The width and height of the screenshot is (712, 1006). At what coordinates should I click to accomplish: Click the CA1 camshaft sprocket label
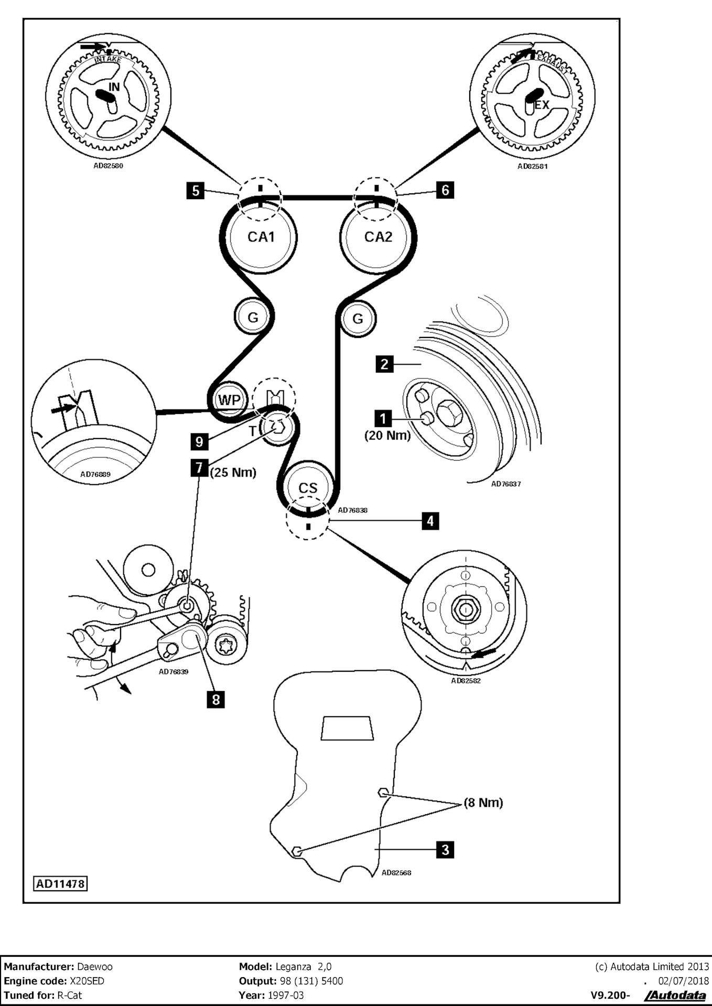(261, 237)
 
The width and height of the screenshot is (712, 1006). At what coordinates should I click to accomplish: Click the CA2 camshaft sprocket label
(378, 237)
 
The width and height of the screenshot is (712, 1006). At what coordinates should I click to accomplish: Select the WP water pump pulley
(229, 400)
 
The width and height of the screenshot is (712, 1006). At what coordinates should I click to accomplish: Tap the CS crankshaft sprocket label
(308, 488)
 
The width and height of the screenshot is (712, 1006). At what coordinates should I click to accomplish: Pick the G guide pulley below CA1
(253, 318)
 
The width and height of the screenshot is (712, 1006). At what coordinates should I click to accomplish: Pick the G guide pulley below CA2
(358, 319)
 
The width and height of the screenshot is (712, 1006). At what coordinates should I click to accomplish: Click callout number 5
(196, 190)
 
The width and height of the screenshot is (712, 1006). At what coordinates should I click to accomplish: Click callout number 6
(445, 190)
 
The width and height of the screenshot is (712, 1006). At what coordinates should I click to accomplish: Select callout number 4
(430, 521)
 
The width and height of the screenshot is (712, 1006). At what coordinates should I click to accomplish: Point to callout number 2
(384, 364)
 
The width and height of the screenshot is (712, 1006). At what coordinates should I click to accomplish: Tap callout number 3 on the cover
(445, 849)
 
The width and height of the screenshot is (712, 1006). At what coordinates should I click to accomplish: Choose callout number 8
(215, 699)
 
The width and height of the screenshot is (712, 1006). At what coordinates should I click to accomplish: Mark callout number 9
(199, 441)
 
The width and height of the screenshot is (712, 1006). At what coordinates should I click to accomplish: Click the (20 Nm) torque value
(387, 435)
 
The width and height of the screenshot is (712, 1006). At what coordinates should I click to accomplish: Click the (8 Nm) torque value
(483, 803)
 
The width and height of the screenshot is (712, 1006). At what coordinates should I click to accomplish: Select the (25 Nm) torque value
(233, 473)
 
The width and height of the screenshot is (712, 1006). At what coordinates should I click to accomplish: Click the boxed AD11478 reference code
(60, 884)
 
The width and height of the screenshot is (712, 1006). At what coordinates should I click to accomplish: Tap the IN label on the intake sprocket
(114, 87)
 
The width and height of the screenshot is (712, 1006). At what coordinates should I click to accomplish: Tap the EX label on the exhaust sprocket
(542, 105)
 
